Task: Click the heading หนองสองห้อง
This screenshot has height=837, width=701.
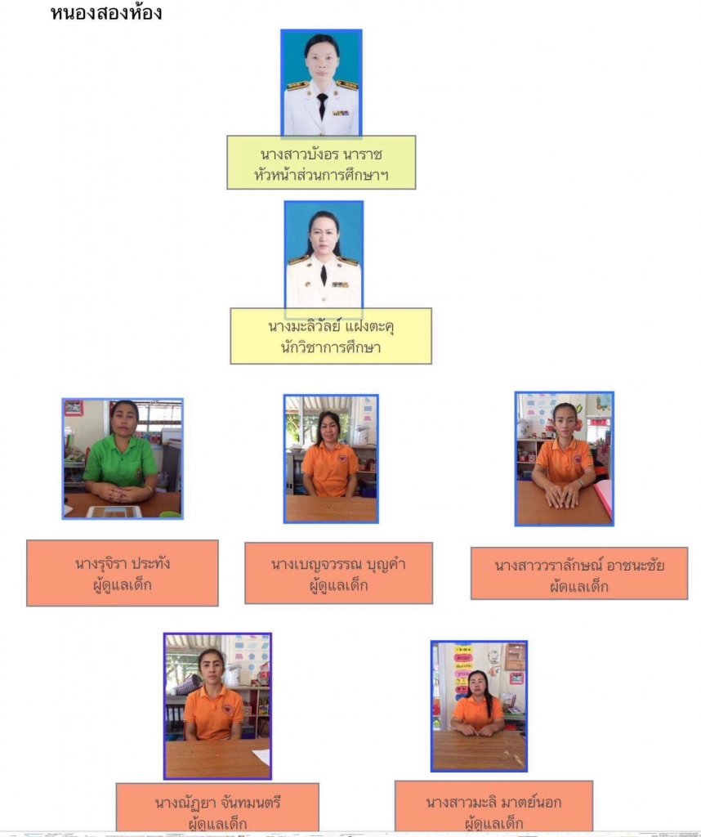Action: (106, 13)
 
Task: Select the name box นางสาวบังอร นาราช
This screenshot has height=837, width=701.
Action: (321, 162)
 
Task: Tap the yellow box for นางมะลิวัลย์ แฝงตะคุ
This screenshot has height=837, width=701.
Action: (331, 336)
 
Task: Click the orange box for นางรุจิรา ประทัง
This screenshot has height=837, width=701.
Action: (123, 572)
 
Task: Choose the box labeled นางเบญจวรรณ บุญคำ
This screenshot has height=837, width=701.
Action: (338, 572)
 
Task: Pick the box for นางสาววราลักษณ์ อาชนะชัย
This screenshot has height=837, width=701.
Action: (579, 573)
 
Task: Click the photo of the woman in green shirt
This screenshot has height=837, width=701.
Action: (123, 459)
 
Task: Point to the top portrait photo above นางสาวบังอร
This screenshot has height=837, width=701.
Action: (321, 83)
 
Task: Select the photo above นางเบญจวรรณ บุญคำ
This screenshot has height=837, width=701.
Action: (331, 459)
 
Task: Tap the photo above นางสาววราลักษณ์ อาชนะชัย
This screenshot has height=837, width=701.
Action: (565, 459)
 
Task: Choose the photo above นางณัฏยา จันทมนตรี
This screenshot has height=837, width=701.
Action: (217, 705)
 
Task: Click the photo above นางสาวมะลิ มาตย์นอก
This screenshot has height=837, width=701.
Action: (479, 705)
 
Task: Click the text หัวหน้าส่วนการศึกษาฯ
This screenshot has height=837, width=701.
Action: (321, 173)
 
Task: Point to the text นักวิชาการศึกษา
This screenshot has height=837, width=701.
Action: (331, 347)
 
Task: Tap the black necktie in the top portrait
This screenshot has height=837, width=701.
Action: (322, 105)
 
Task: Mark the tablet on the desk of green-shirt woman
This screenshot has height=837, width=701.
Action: (114, 512)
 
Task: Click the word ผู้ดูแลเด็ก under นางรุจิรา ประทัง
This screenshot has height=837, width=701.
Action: (123, 584)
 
